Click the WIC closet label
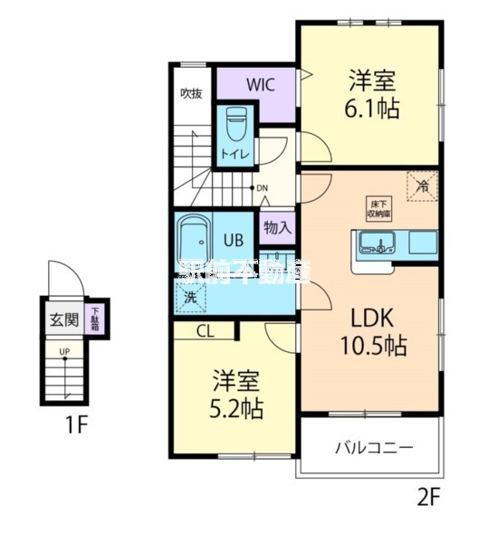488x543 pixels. coord(261,86)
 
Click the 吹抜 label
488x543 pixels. coord(189,93)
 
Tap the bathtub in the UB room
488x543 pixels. coord(194,240)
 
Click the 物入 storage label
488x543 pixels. coord(277,227)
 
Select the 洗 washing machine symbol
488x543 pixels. coord(191,295)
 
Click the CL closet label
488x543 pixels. coord(205,332)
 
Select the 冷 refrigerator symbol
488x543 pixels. coord(422,186)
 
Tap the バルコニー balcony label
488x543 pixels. coord(374,447)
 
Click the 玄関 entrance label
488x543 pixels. coord(64,318)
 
